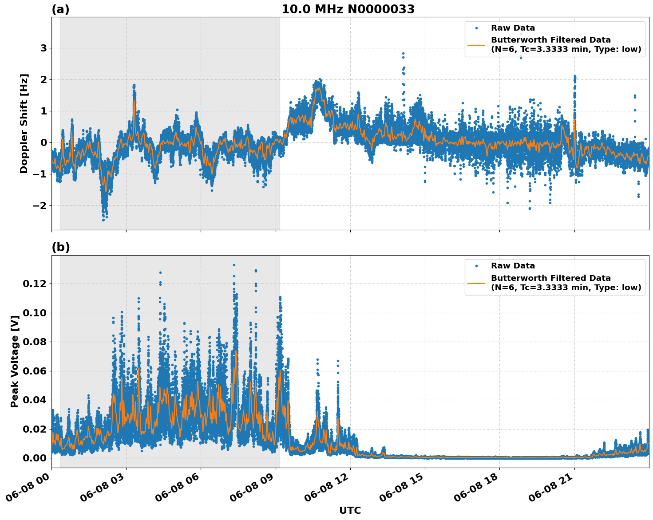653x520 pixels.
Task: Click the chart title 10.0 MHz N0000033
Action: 348,9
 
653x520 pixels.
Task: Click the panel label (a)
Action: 60,9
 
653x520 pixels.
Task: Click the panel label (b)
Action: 60,247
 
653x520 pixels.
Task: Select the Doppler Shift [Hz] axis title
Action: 24,123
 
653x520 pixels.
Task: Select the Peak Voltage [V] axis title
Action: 15,361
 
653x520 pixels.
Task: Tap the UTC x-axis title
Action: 350,510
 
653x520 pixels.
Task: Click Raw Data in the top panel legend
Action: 513,28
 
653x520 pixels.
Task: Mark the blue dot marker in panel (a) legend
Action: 476,28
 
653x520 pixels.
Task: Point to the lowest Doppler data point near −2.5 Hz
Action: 103,220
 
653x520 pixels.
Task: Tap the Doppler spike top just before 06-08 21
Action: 574,76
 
